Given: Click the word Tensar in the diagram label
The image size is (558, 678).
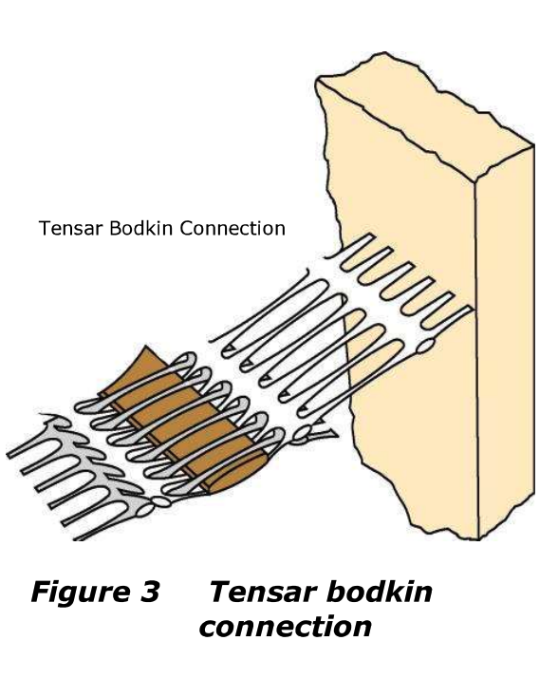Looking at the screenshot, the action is point(71,228).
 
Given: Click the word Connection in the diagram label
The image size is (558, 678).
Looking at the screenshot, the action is point(232,228).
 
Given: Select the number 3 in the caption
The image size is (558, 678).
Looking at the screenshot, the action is point(150,592).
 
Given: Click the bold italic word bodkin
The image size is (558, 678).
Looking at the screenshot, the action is point(375,591).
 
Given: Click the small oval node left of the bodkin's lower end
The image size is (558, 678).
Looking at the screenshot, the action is point(160,501).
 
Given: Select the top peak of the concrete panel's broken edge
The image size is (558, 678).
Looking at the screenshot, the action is point(384,53).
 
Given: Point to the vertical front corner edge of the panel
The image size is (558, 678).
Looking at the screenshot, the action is point(477,360).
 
